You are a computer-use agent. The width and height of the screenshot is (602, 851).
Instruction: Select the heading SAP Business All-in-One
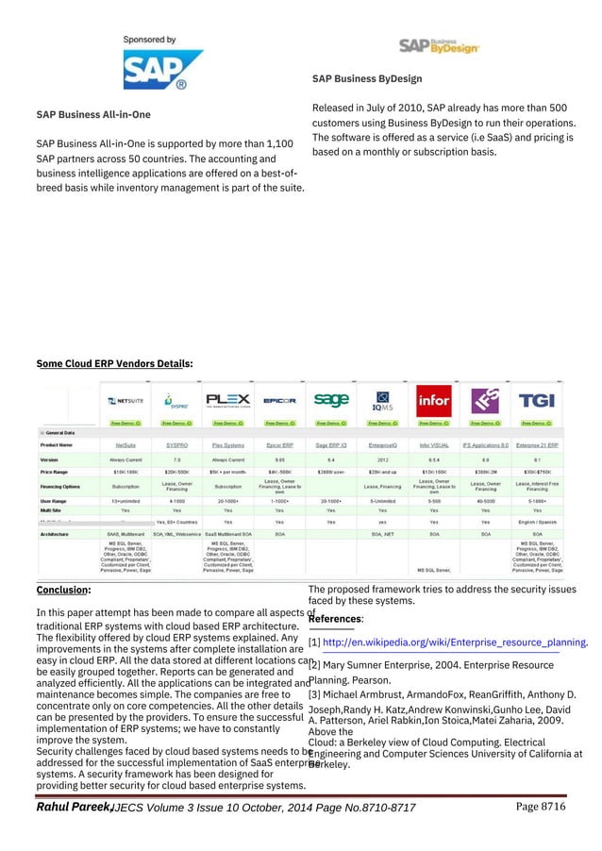coord(92,115)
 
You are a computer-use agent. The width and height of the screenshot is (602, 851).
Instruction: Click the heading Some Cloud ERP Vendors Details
coord(114,362)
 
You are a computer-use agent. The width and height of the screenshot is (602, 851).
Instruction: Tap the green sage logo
coord(331,401)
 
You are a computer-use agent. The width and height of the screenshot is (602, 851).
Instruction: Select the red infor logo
coord(433,400)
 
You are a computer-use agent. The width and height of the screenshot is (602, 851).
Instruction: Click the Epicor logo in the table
coord(280,401)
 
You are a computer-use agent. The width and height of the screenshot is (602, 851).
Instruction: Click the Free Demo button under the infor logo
coord(433,423)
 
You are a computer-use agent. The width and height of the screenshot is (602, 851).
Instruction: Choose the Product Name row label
coord(59,443)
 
